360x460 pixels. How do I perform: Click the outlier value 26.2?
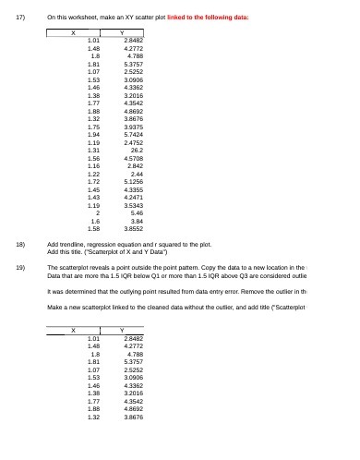click(136, 150)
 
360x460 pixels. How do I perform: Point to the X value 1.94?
click(92, 136)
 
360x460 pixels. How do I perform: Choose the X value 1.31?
click(92, 150)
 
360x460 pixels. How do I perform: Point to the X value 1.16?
click(92, 164)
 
